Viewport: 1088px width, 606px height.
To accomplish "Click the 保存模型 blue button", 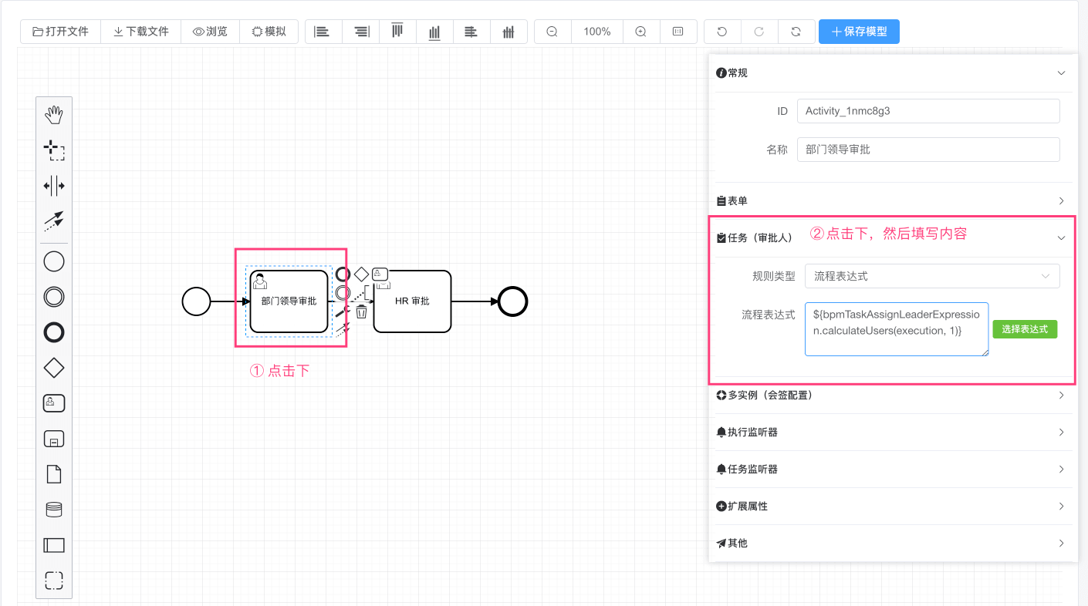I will pyautogui.click(x=859, y=32).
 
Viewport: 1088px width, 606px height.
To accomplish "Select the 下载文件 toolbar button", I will pyautogui.click(x=140, y=32).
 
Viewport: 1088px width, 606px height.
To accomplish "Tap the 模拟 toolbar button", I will pyautogui.click(x=269, y=32).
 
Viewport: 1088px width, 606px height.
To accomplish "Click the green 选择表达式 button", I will pyautogui.click(x=1024, y=329).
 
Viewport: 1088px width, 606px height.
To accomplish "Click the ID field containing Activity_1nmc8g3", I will pyautogui.click(x=928, y=111).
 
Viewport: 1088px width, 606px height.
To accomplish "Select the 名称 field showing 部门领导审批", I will pyautogui.click(x=928, y=150).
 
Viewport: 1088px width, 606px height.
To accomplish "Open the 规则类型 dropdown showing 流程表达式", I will pyautogui.click(x=931, y=276).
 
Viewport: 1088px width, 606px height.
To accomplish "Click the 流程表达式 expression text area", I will pyautogui.click(x=896, y=329).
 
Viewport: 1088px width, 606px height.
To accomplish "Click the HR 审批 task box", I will pyautogui.click(x=412, y=301).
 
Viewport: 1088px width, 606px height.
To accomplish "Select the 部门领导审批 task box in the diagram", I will pyautogui.click(x=289, y=301).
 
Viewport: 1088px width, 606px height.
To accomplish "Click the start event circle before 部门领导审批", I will pyautogui.click(x=196, y=301).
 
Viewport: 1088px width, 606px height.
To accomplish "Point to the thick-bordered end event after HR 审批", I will pyautogui.click(x=512, y=301).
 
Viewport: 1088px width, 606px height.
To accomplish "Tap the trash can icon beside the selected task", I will pyautogui.click(x=361, y=311).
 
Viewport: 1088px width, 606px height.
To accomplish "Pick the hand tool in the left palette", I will pyautogui.click(x=54, y=116).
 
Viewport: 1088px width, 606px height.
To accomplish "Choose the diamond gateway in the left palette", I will pyautogui.click(x=54, y=368).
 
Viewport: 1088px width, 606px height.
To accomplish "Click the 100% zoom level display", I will pyautogui.click(x=596, y=32).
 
